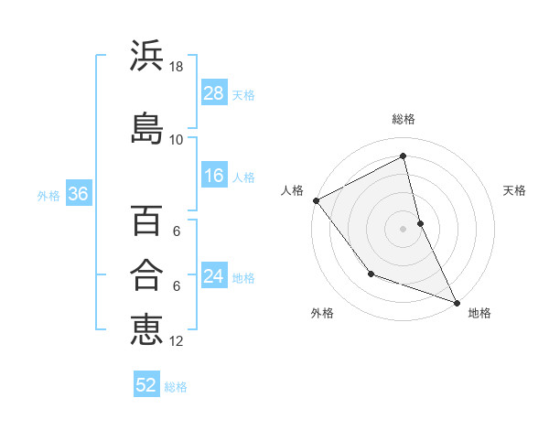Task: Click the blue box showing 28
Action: coord(214,93)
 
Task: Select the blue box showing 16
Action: coord(214,176)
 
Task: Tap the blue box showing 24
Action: coord(214,276)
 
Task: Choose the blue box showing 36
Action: coord(77,194)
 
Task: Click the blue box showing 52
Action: coord(146,385)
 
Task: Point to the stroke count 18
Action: coord(178,67)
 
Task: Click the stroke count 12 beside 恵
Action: coord(178,340)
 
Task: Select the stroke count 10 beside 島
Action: coord(177,139)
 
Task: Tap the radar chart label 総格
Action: coord(404,119)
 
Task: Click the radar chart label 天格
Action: coord(515,190)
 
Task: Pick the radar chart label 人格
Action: coord(293,190)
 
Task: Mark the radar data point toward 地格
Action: coord(457,302)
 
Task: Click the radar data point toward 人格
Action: coord(316,200)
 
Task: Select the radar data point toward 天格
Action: coord(420,222)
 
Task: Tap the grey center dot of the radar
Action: coord(404,228)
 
